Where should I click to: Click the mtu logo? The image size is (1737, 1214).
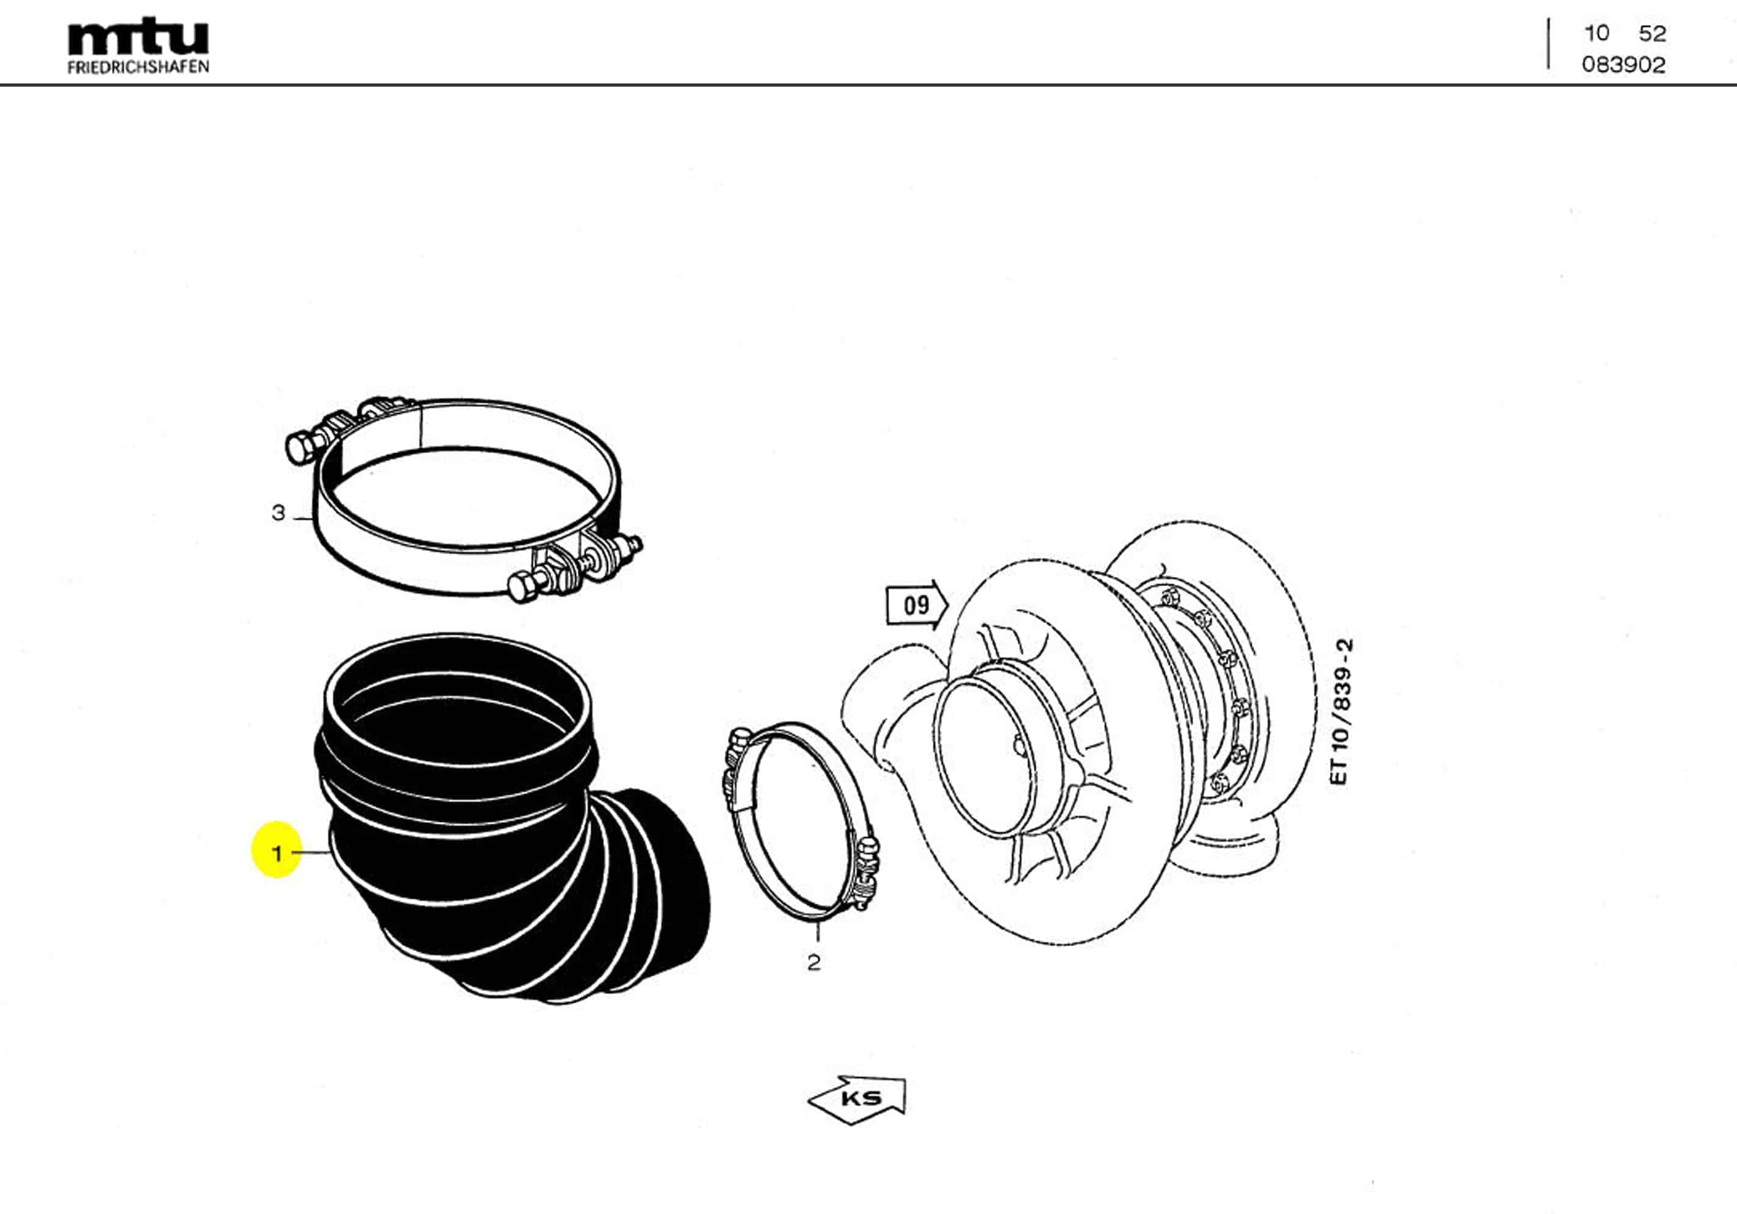click(x=138, y=37)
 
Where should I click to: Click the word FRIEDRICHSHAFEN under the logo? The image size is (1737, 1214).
click(x=138, y=67)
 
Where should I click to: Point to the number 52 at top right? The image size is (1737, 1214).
click(x=1652, y=34)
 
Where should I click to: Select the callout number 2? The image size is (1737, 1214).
click(x=814, y=963)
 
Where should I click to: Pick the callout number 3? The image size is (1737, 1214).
click(x=278, y=513)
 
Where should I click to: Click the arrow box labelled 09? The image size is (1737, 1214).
click(x=916, y=605)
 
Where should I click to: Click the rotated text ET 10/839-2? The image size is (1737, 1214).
click(x=1340, y=713)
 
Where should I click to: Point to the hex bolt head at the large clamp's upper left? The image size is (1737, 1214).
click(x=300, y=448)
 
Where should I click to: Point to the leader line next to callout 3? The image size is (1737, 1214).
click(x=303, y=518)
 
